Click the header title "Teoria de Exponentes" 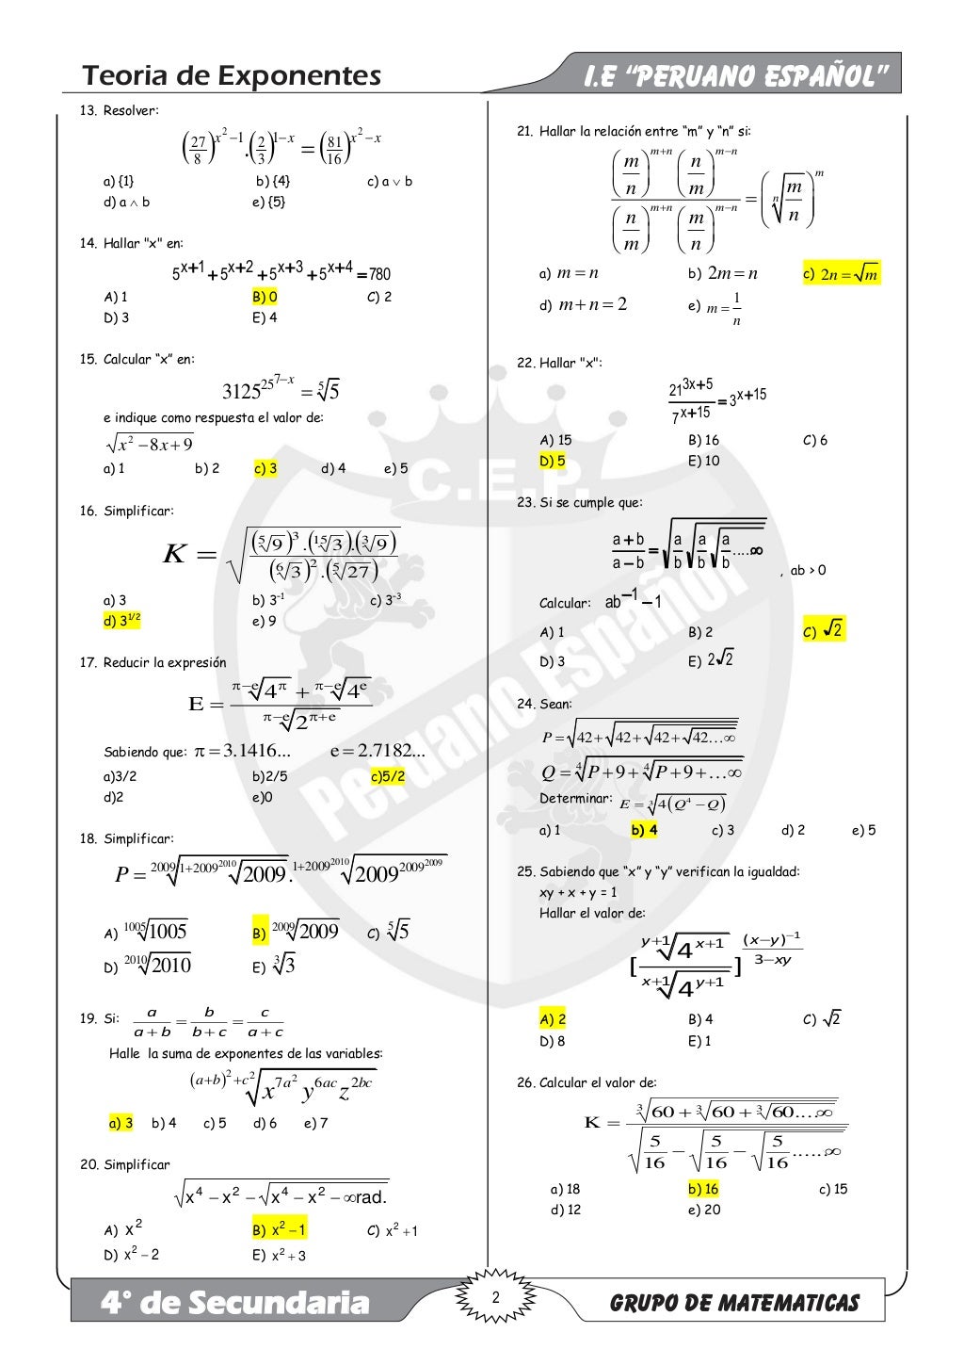click(232, 75)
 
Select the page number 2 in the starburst click(495, 1298)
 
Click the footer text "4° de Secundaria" click(235, 1303)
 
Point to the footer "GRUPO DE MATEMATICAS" click(734, 1304)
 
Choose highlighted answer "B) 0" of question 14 click(265, 297)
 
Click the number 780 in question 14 click(379, 274)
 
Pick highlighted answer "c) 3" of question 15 click(265, 468)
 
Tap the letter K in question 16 click(175, 554)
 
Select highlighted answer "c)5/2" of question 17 click(388, 777)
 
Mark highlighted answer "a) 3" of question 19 click(121, 1123)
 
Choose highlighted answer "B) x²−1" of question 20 click(279, 1230)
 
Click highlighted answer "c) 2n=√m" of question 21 click(841, 274)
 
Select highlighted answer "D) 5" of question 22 click(553, 462)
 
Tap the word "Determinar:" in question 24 click(575, 799)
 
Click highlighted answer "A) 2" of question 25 click(553, 1019)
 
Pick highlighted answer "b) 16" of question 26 click(703, 1189)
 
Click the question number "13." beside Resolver click(88, 111)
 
